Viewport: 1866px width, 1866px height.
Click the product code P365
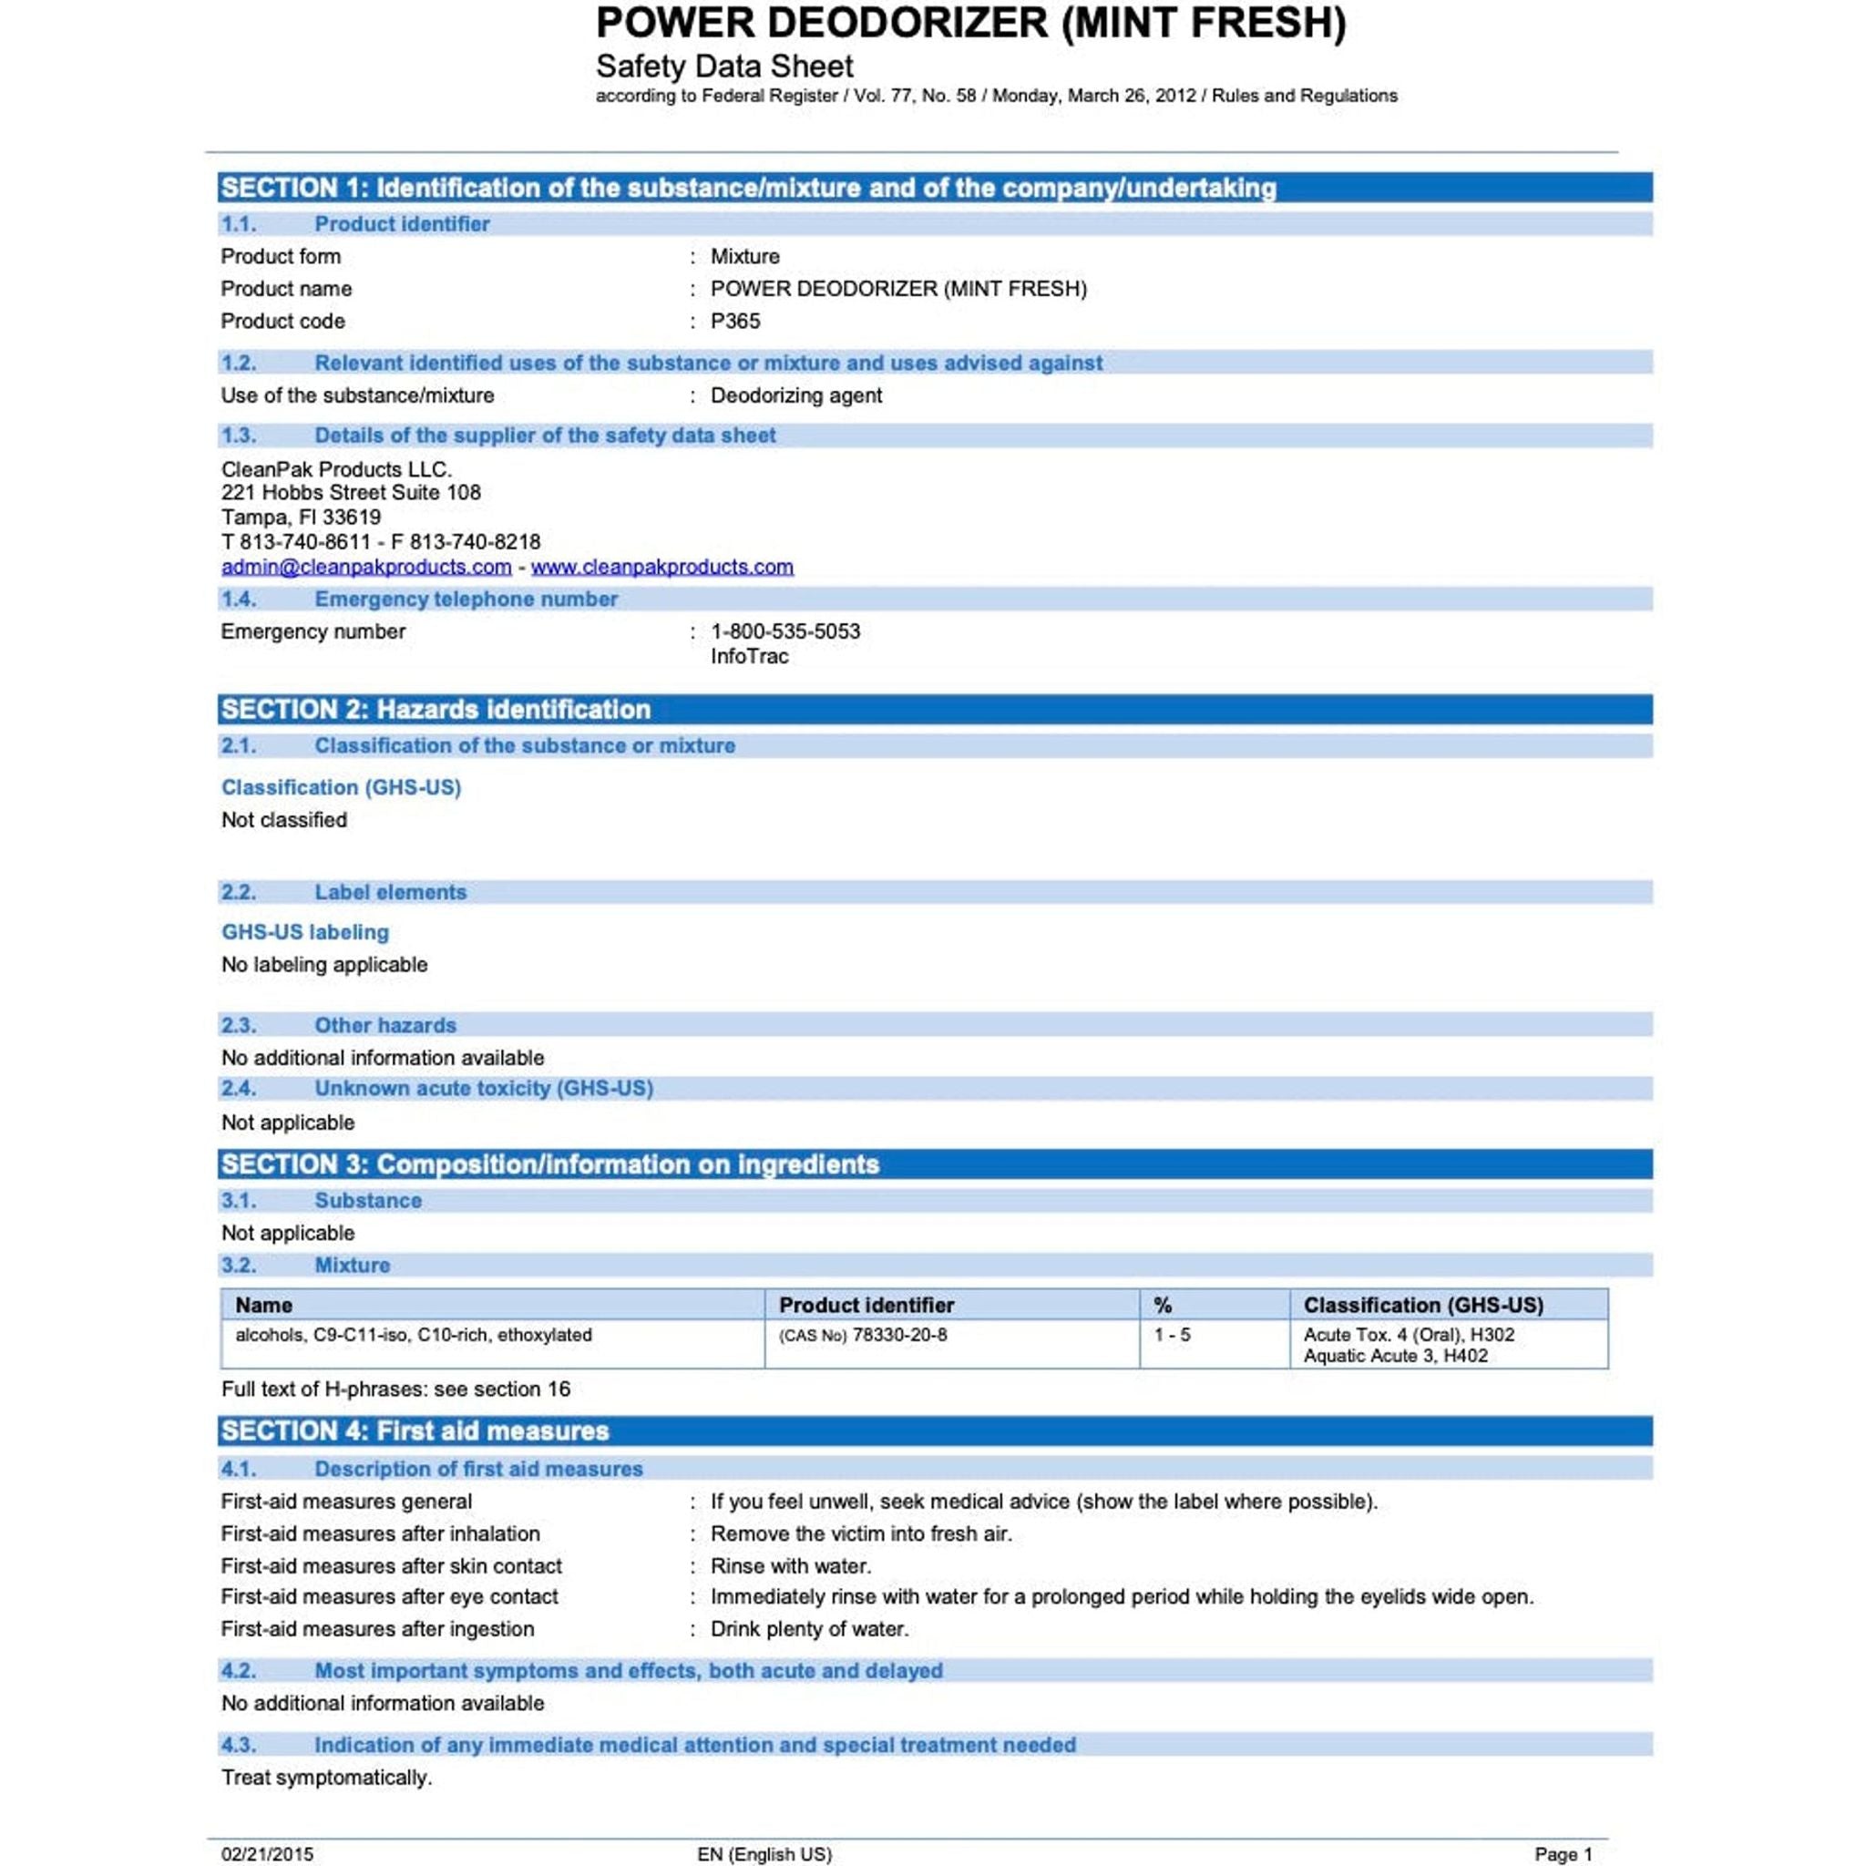click(x=735, y=321)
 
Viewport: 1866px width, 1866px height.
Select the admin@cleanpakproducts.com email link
click(x=366, y=567)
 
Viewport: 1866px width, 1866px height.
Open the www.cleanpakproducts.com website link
click(x=661, y=567)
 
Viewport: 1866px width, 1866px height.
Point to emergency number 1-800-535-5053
click(x=785, y=631)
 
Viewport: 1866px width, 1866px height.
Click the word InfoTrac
click(x=750, y=657)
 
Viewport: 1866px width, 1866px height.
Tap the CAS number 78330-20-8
click(x=899, y=1335)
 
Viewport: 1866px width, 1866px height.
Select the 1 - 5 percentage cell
click(x=1172, y=1335)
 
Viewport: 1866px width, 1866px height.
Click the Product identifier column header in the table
click(x=866, y=1305)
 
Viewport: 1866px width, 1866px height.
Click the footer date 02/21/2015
click(x=268, y=1853)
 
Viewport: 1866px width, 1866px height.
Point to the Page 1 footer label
click(x=1563, y=1853)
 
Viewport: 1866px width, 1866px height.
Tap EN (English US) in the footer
click(x=764, y=1853)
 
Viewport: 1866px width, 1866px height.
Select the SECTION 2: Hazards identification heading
click(x=436, y=709)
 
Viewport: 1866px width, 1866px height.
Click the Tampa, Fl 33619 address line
click(x=302, y=518)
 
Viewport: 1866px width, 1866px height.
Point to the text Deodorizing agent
click(x=795, y=395)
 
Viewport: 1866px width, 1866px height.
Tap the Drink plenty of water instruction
click(x=809, y=1628)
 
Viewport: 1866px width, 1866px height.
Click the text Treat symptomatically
click(x=326, y=1777)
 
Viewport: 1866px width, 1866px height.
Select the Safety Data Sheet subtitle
click(x=724, y=67)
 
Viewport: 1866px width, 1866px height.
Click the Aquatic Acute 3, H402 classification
click(x=1395, y=1356)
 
